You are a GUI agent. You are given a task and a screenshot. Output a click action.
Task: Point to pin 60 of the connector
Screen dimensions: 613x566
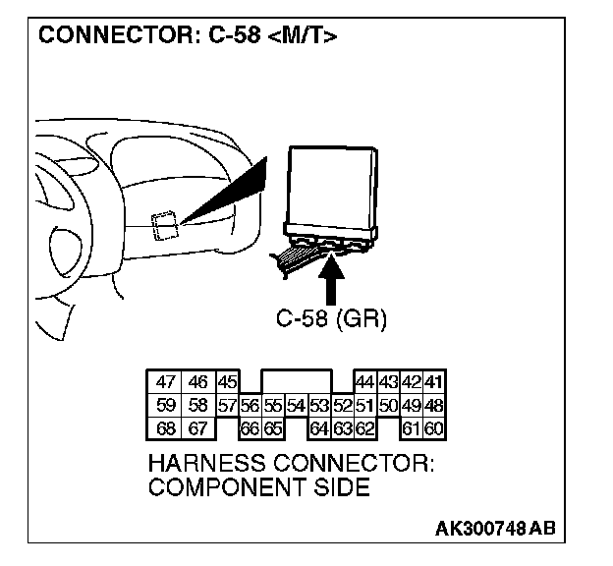pos(433,427)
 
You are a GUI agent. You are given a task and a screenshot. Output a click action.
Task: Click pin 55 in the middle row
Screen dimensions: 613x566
pos(271,406)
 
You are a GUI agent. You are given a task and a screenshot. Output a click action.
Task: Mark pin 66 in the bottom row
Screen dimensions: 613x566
pos(250,427)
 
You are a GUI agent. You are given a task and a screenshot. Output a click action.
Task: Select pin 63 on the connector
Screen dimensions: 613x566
pos(341,427)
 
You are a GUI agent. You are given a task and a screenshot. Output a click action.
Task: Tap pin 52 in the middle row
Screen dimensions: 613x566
pos(341,406)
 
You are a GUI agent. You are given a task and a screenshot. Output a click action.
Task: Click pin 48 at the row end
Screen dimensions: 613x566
pos(433,406)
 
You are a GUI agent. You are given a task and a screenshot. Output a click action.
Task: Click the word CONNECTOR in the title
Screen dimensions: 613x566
pos(103,38)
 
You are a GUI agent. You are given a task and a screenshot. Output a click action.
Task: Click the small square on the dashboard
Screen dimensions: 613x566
pos(163,226)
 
